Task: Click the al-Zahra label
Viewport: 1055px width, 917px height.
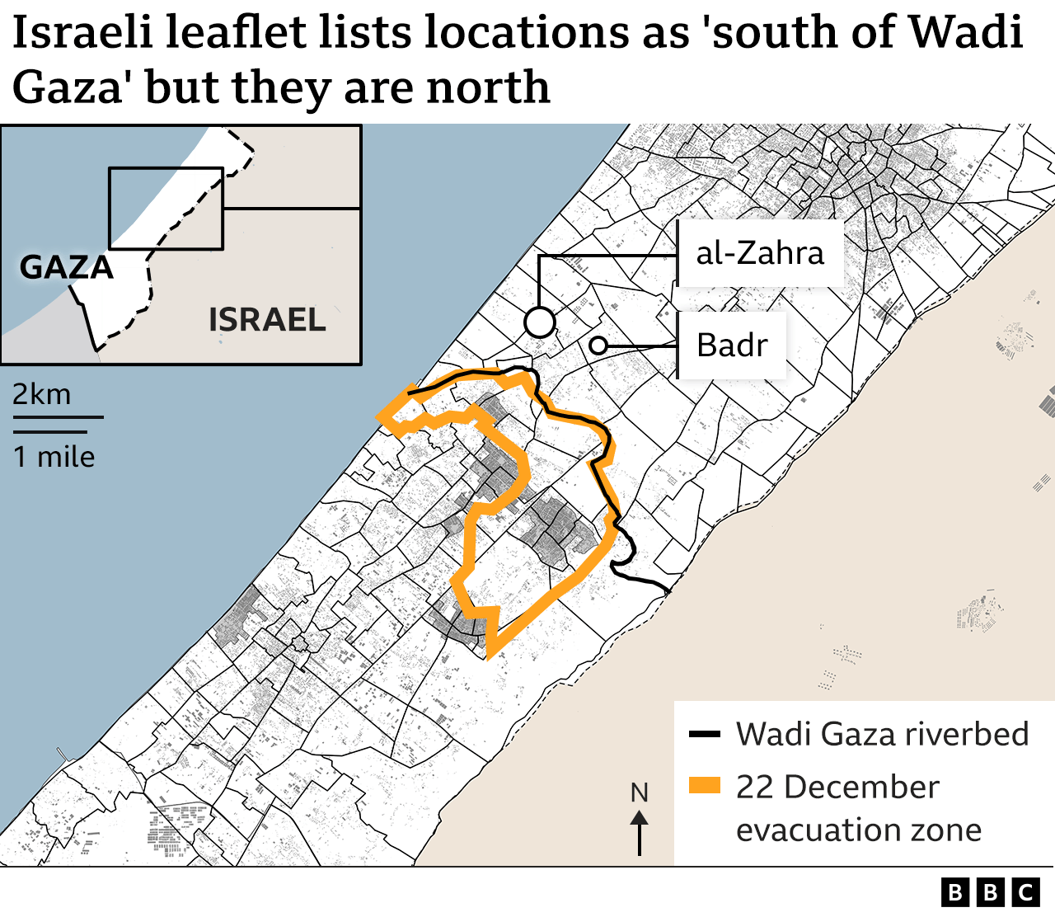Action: [759, 253]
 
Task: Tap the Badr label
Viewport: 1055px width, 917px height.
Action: [732, 345]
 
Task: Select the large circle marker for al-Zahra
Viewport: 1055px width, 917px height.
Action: [540, 322]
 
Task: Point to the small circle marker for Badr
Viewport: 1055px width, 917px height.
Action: [598, 346]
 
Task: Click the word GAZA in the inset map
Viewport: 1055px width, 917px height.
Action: [66, 267]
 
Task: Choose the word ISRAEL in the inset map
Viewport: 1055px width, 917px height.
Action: [267, 320]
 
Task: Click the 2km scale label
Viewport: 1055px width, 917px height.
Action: [42, 394]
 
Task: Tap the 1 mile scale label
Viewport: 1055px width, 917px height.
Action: [54, 457]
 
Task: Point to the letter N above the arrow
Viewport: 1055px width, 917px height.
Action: [640, 792]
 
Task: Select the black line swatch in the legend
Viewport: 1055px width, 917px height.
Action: [705, 734]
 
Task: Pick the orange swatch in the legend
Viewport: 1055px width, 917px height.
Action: [705, 785]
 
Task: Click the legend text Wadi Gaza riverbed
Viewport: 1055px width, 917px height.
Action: [882, 734]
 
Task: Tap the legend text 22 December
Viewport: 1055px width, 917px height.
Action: [837, 787]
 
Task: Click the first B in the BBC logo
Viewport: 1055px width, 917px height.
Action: [954, 892]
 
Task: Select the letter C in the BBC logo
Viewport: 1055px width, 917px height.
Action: [1025, 892]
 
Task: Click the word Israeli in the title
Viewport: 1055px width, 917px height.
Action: [82, 33]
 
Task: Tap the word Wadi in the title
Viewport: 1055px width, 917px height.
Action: [965, 33]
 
